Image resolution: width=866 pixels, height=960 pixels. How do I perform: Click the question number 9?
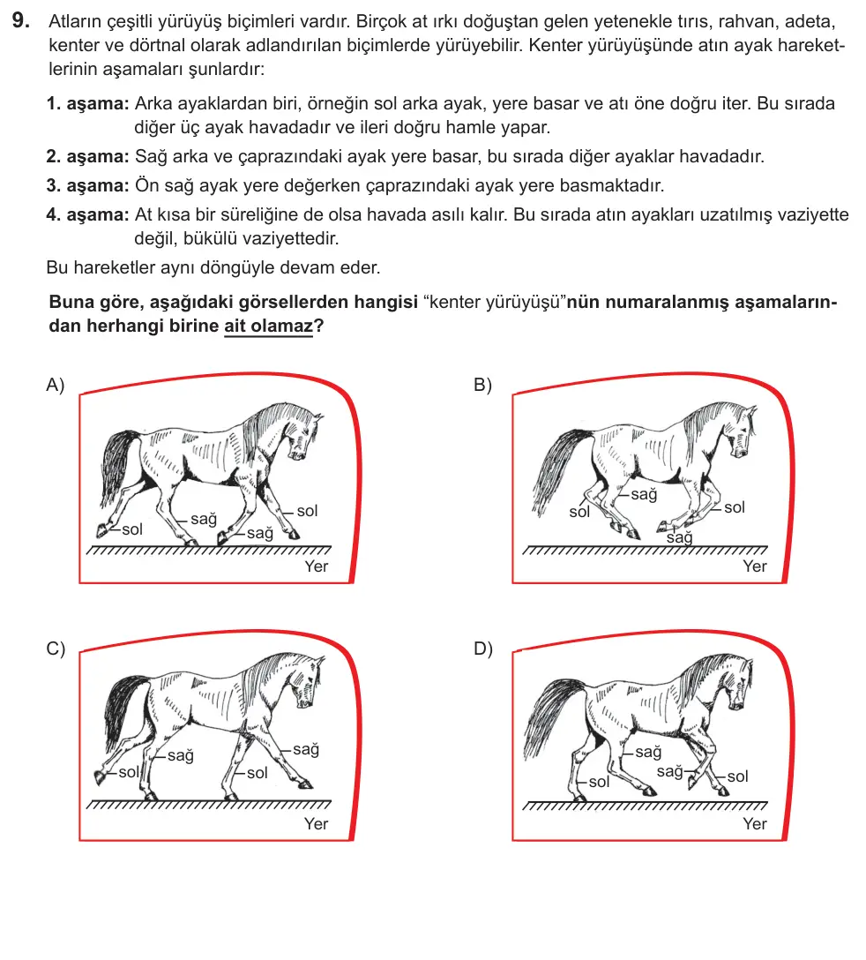pos(21,21)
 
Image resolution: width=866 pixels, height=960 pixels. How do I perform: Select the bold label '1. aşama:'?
pos(87,103)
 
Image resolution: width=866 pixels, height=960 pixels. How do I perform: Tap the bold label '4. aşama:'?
pos(87,215)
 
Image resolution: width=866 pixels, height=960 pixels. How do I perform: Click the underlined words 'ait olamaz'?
pos(268,326)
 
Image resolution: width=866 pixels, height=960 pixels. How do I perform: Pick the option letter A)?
pos(55,385)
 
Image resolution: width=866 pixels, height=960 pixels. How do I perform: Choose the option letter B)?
pos(483,385)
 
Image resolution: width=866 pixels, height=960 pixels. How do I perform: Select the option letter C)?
pos(56,649)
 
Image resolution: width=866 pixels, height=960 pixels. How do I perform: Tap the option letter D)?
pos(483,649)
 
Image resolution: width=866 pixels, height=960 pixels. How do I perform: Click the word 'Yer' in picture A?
pos(317,566)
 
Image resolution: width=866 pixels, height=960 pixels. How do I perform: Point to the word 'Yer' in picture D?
pos(755,824)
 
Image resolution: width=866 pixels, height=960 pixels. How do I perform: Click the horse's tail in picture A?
pos(117,463)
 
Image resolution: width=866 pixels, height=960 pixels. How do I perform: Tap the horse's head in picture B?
pos(742,430)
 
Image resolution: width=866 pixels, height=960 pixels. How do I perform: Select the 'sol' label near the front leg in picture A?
pos(307,511)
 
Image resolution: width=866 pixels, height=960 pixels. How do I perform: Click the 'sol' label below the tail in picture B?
pos(579,512)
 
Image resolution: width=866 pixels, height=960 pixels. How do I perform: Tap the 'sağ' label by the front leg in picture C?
pos(306,749)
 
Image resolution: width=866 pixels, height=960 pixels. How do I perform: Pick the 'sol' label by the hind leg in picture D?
pos(599,782)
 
